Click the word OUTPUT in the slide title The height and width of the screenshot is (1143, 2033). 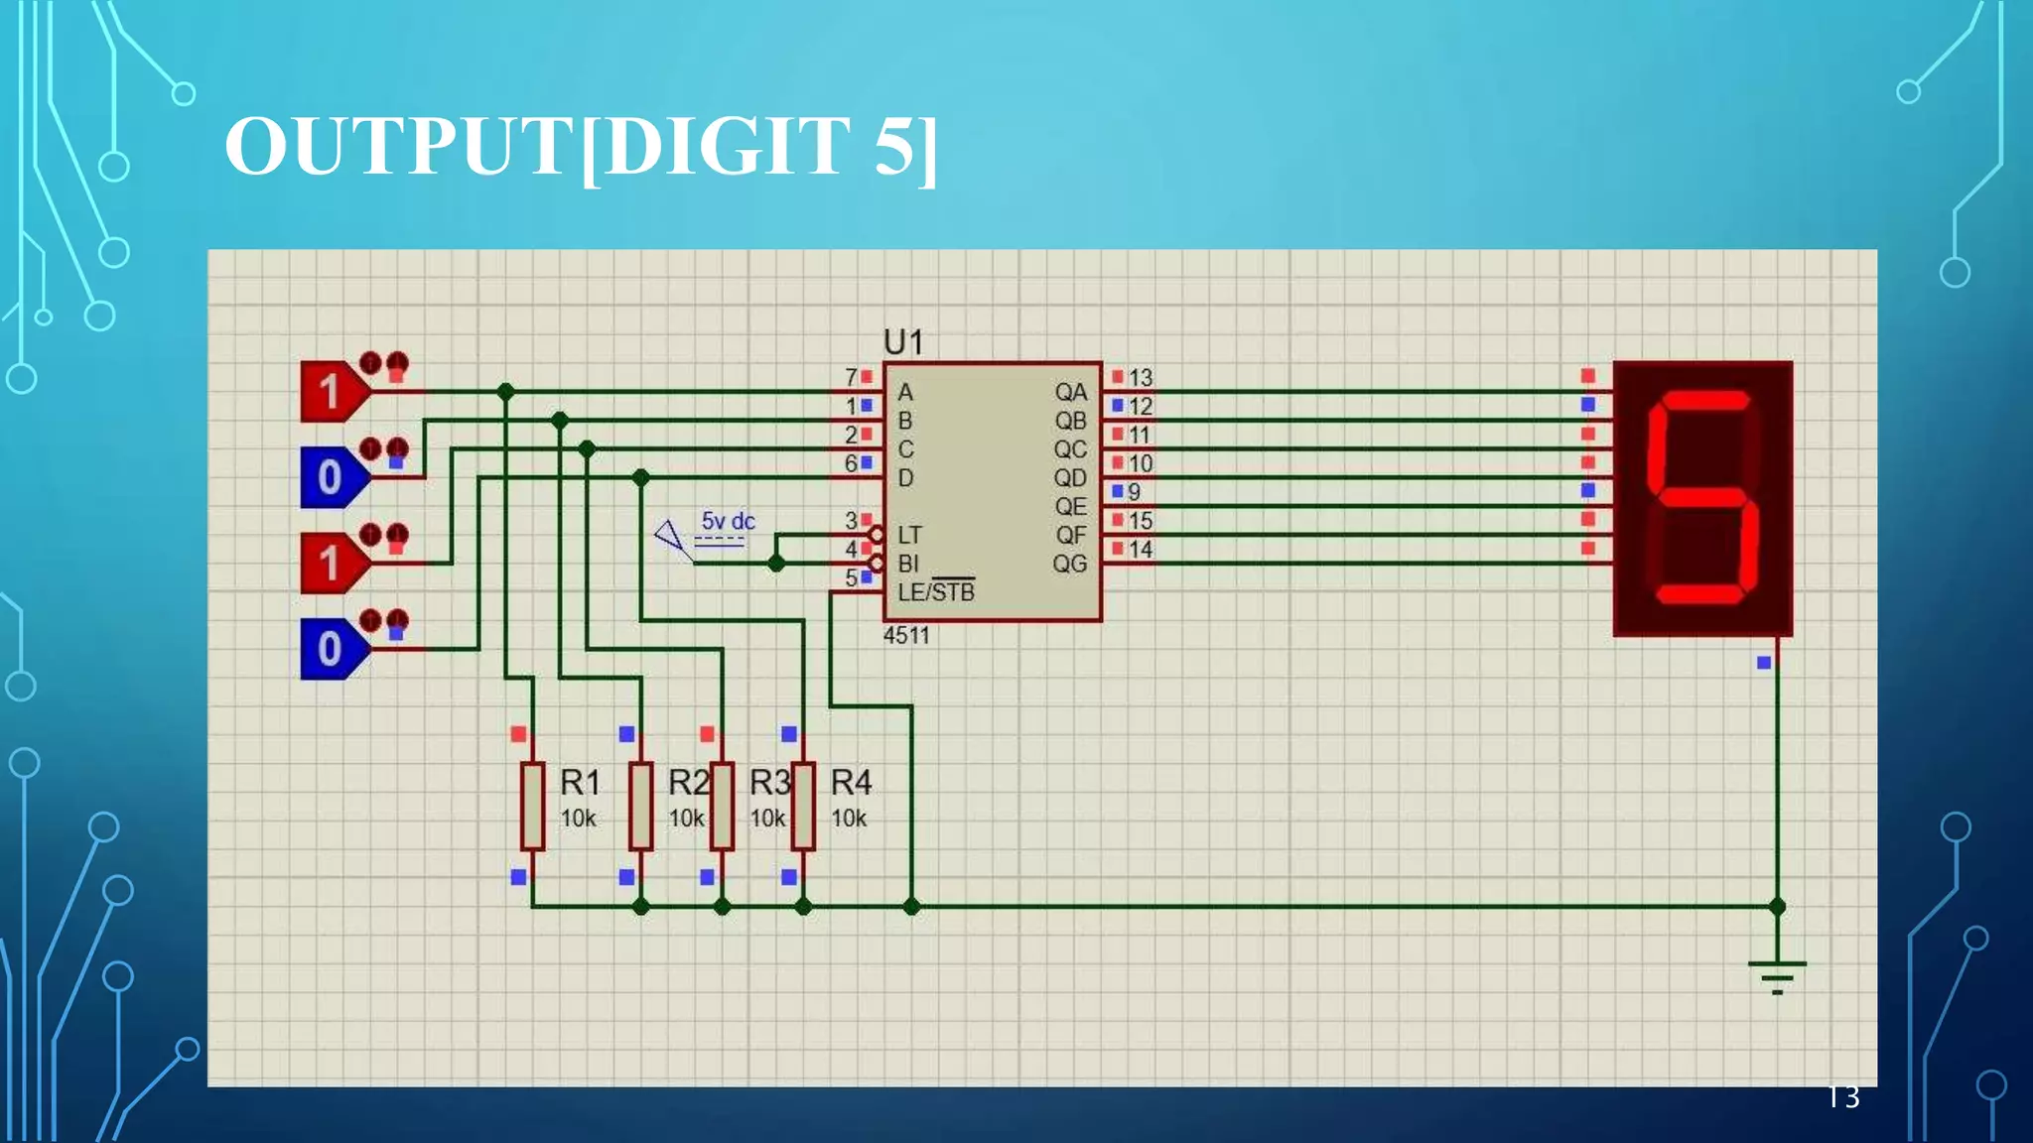coord(397,147)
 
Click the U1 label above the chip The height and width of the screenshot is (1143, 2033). coord(903,342)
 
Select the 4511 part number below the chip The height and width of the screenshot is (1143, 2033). coord(906,636)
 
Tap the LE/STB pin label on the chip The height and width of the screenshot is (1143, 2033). coord(936,592)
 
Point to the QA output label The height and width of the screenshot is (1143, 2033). coord(1070,392)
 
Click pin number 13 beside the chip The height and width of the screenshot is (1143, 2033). coord(1140,378)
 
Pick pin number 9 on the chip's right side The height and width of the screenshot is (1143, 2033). coord(1134,492)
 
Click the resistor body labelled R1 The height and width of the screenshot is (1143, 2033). coord(533,806)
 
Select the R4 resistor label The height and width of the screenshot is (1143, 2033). coord(851,783)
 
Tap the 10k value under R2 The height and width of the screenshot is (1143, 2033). coord(686,819)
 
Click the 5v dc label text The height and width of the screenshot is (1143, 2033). coord(728,521)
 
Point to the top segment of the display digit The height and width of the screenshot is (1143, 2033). coord(1704,401)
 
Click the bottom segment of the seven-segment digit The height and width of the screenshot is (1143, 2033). coord(1699,593)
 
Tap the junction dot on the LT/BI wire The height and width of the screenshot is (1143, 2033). coord(776,564)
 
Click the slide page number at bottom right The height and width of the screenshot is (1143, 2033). coord(1843,1097)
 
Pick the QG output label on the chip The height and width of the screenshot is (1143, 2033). coord(1070,564)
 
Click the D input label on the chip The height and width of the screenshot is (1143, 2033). coord(905,478)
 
